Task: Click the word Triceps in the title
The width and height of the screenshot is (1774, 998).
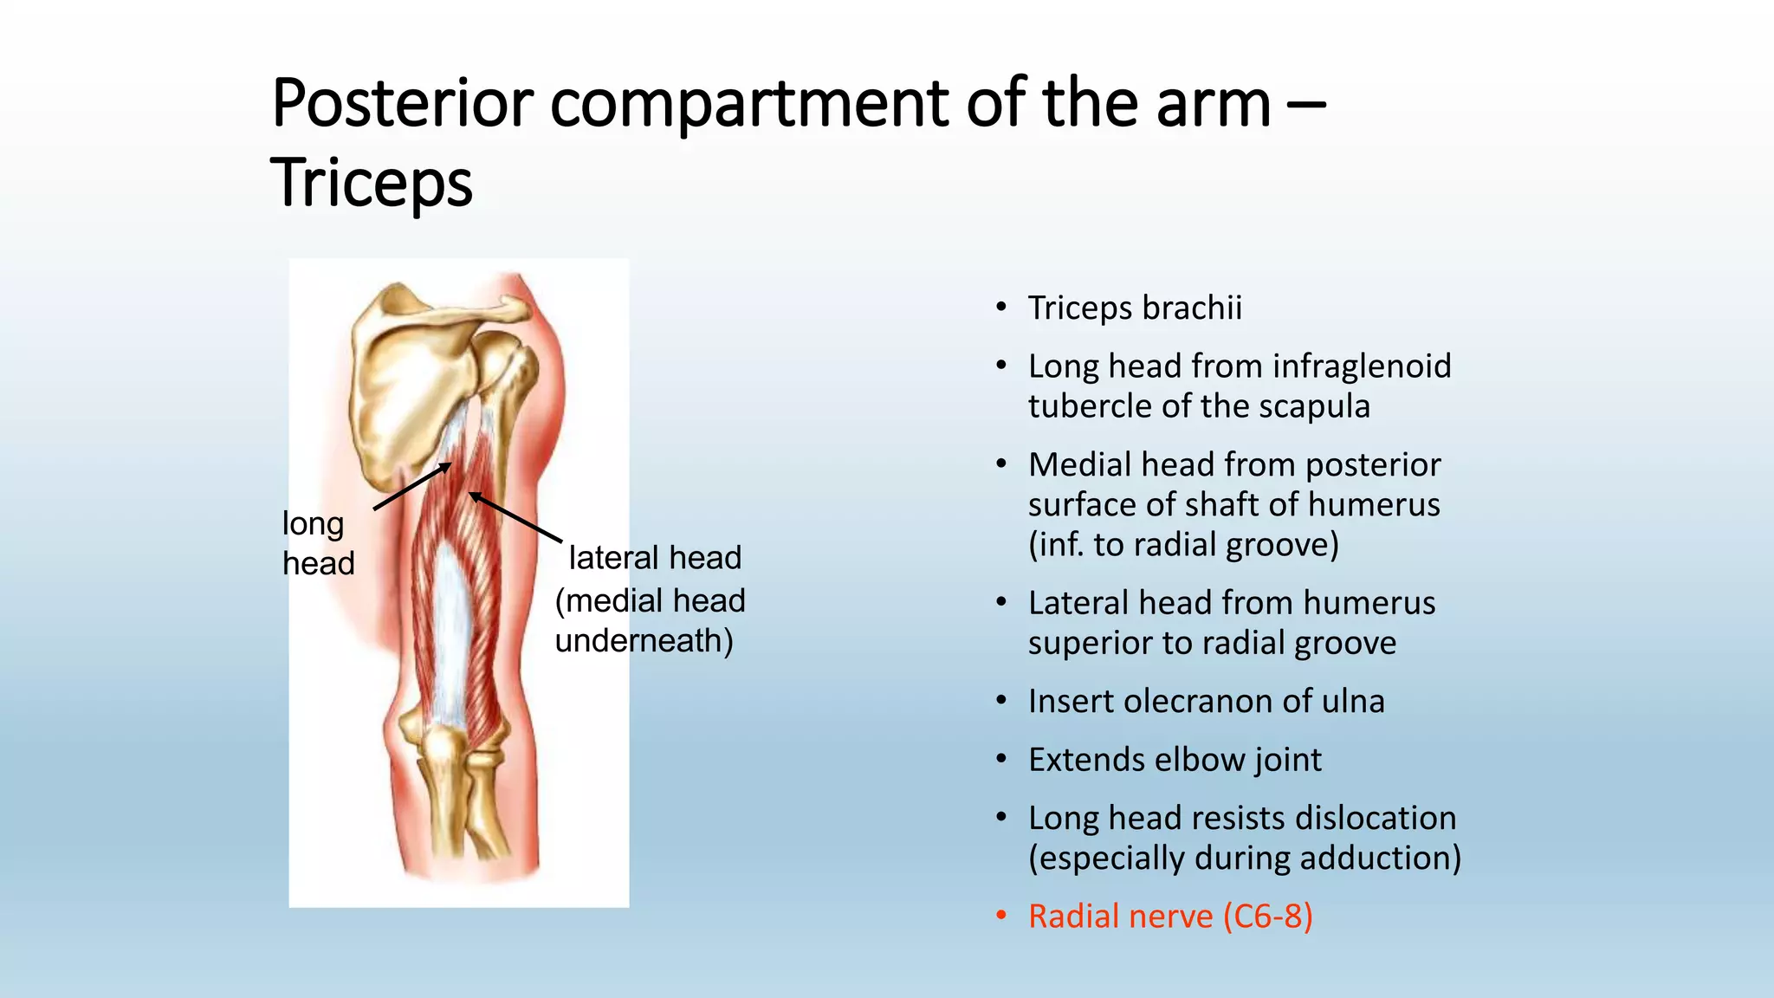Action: coord(372,184)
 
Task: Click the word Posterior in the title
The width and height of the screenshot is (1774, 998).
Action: coord(402,104)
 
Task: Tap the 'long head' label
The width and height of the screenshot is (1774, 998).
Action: coord(317,543)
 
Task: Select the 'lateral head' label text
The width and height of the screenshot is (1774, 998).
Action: coord(655,558)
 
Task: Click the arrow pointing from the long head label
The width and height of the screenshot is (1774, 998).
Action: coord(412,486)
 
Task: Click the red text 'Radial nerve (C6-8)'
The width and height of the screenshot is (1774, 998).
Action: coord(1169,917)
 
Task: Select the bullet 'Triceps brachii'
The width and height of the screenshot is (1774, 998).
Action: coord(1135,308)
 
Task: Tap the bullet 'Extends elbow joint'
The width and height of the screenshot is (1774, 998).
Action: coord(1175,760)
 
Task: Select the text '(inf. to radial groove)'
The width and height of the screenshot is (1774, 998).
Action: coord(1183,545)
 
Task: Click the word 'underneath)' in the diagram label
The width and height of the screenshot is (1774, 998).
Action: coord(644,641)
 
